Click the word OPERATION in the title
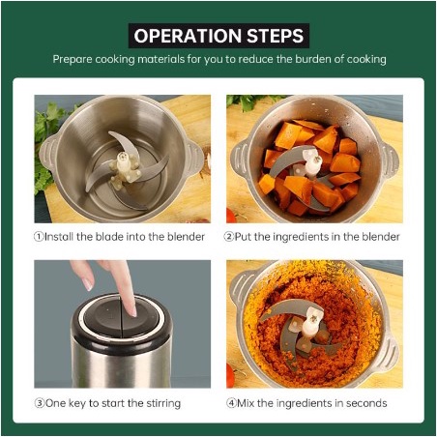coord(188,36)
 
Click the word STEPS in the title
coord(275,36)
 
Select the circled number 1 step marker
coord(39,237)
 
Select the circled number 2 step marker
coord(228,237)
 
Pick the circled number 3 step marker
coord(40,403)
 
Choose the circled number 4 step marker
coord(231,403)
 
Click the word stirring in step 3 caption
coord(163,404)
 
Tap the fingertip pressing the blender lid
coord(131,310)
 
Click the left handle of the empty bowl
coord(47,152)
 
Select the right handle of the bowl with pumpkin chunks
coord(390,160)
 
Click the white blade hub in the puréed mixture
coord(311,323)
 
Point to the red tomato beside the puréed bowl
coord(230,376)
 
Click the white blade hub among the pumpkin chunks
coord(310,164)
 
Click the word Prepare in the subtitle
coord(73,60)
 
